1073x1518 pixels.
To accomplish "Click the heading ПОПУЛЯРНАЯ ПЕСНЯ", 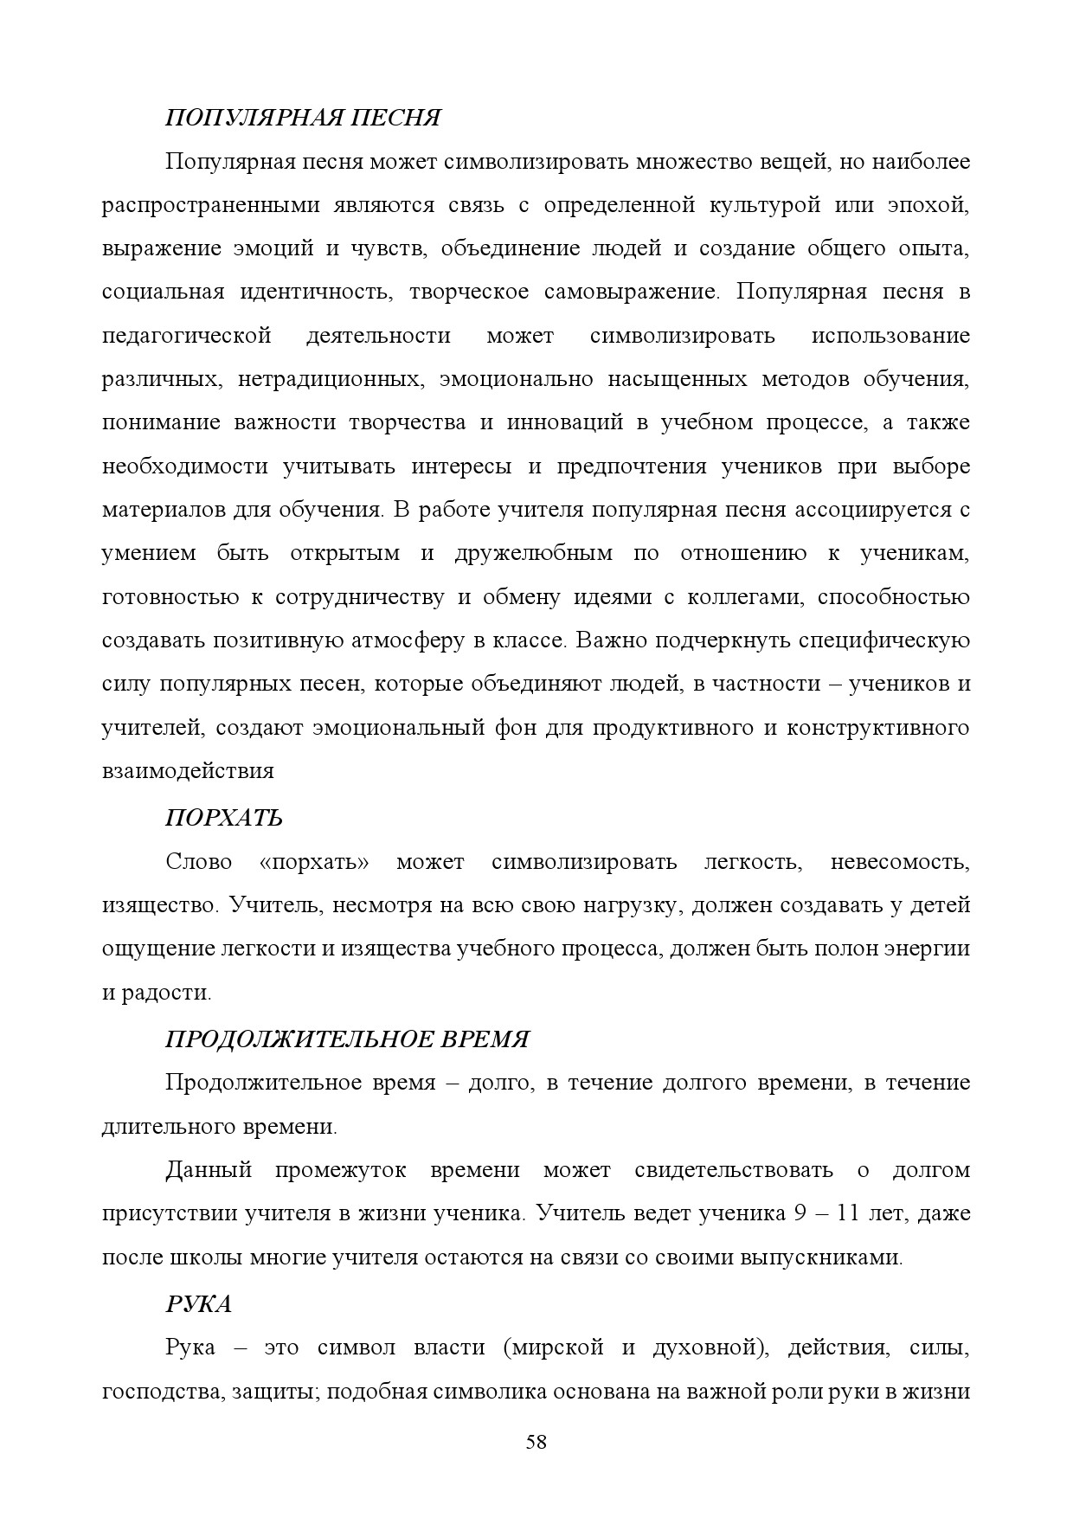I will [x=303, y=118].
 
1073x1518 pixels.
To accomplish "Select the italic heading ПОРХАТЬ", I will [x=224, y=818].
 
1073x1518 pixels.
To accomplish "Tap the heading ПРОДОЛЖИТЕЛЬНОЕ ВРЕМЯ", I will [x=346, y=1039].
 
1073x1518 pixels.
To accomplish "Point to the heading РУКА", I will [x=198, y=1303].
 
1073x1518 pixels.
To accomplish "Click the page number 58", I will [x=536, y=1442].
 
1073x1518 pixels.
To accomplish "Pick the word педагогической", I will [x=187, y=335].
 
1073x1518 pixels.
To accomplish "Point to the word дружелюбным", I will [x=534, y=553].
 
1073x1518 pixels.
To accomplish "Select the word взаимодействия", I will [x=188, y=771].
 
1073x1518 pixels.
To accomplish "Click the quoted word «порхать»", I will [x=314, y=862].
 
